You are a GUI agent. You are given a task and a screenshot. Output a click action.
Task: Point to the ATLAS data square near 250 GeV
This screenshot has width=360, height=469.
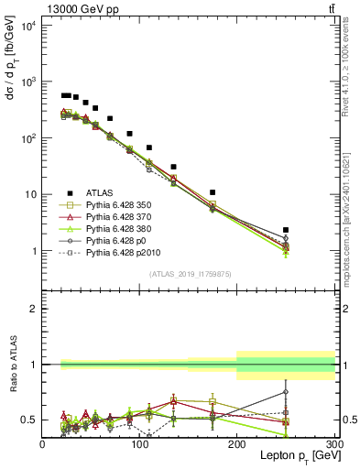(x=286, y=230)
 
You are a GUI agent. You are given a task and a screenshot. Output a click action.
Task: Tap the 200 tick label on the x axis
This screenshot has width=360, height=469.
(x=237, y=444)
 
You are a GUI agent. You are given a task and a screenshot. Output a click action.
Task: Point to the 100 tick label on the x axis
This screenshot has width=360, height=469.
(x=139, y=444)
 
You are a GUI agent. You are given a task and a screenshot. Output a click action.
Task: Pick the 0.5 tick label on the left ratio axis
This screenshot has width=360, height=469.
(x=30, y=420)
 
